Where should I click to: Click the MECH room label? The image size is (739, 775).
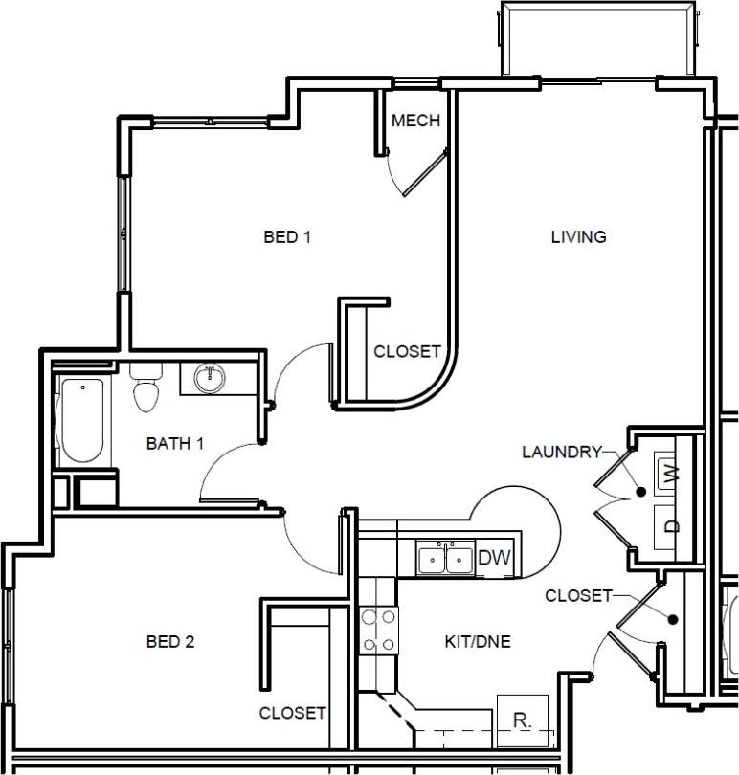(x=415, y=121)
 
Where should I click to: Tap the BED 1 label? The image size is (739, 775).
(x=287, y=236)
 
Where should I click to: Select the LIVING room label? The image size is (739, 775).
(x=578, y=236)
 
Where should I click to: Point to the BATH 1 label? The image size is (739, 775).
(x=174, y=444)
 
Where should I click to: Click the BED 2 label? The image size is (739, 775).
(x=170, y=642)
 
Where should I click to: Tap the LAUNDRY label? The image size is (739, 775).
(x=562, y=452)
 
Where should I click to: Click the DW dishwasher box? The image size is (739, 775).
(x=494, y=558)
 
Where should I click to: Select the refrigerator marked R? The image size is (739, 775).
(x=522, y=720)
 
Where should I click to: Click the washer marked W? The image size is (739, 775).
(x=671, y=472)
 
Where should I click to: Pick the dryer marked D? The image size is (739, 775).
(x=671, y=525)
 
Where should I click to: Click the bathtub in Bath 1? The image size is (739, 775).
(x=83, y=421)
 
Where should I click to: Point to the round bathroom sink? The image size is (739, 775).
(x=209, y=379)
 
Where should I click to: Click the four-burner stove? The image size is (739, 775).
(x=379, y=631)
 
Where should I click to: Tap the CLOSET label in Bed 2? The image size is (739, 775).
(x=292, y=713)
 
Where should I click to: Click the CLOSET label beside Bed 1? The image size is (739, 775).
(x=407, y=351)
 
